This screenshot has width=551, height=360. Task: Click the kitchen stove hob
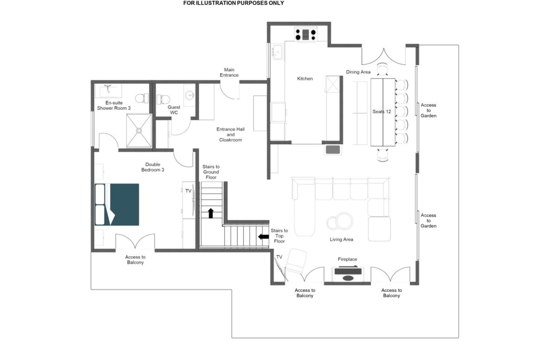[x=306, y=34]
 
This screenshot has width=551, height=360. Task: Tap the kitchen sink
[x=277, y=52]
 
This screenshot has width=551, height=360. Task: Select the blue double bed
[x=117, y=205]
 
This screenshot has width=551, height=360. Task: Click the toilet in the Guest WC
[x=163, y=99]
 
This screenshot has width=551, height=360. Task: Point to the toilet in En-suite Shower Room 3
[x=142, y=98]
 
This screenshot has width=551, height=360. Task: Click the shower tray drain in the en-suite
[x=139, y=131]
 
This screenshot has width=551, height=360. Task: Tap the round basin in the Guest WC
[x=190, y=95]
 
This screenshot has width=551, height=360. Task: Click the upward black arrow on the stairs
[x=211, y=213]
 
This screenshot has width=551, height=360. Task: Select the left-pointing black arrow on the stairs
[x=263, y=237]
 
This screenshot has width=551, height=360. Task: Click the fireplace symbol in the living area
[x=348, y=273]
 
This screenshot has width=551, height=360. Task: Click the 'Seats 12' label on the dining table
[x=381, y=111]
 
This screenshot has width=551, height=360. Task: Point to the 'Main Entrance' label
[x=229, y=72]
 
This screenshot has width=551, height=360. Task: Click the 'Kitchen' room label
[x=305, y=79]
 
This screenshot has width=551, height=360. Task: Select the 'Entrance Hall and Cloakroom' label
[x=230, y=134]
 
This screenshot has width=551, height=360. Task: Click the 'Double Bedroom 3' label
[x=153, y=167]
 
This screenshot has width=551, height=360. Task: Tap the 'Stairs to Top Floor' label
[x=279, y=236]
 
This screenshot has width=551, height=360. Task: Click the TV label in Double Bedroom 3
[x=188, y=191]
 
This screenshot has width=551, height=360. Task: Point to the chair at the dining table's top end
[x=382, y=69]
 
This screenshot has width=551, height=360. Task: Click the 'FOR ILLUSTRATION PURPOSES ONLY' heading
[x=234, y=3]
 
